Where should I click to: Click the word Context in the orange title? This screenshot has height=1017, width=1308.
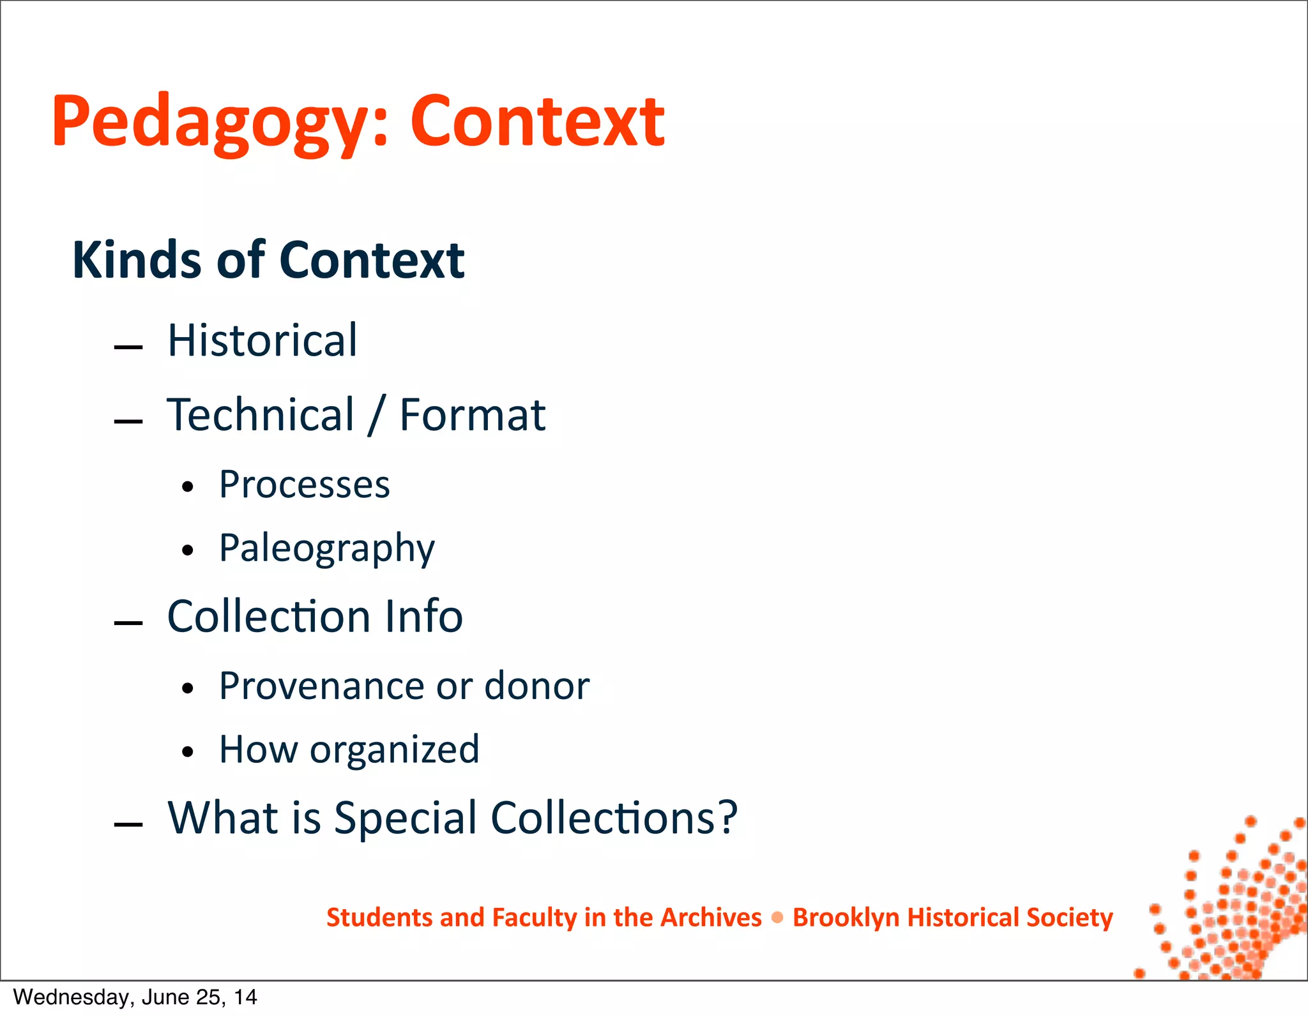point(537,121)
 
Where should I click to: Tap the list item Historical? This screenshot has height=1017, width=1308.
point(262,340)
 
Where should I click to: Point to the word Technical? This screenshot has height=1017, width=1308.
point(261,415)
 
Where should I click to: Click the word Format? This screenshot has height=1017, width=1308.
point(473,415)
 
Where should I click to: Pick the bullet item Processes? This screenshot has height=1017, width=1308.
point(304,485)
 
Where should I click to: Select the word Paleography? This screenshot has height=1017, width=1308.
point(327,548)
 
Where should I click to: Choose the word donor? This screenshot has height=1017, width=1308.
point(537,686)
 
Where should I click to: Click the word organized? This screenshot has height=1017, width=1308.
point(395,750)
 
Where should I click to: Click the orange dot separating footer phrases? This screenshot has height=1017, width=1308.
point(777,918)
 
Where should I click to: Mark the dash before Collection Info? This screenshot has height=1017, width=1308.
point(128,623)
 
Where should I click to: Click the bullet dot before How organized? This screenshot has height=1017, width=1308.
point(187,752)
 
